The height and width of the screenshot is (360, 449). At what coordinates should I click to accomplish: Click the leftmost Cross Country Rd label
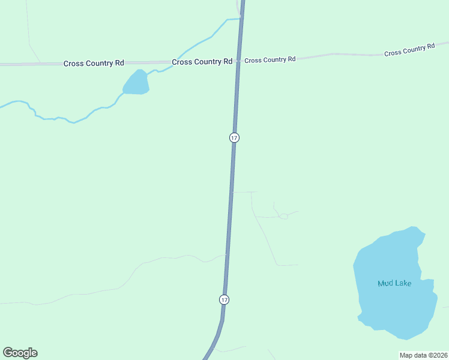coord(94,63)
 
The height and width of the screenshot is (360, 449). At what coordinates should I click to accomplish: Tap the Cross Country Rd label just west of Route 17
coord(202,62)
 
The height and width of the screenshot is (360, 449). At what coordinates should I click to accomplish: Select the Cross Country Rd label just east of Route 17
coord(270,59)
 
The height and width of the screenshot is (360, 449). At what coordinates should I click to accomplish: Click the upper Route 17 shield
coord(234,138)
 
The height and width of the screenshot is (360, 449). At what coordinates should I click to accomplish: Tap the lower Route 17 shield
coord(224,299)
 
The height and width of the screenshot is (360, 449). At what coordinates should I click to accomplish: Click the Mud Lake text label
coord(394,283)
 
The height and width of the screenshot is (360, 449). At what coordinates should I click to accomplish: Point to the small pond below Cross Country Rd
coord(136,84)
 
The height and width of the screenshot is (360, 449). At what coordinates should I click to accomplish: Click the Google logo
coord(20,353)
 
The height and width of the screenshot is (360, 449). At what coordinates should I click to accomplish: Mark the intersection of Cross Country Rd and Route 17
coord(238,61)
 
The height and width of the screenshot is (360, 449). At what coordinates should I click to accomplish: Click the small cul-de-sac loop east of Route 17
coord(283,216)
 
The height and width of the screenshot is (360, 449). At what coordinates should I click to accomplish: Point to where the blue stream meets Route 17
coord(241,19)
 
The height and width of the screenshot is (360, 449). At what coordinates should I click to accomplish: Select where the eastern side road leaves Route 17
coord(232,192)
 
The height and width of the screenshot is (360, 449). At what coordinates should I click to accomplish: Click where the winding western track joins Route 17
coord(228,254)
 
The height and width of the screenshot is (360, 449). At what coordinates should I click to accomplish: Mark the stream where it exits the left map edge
coord(1,107)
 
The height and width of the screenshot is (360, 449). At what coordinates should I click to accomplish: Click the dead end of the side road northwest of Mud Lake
coord(297,265)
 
